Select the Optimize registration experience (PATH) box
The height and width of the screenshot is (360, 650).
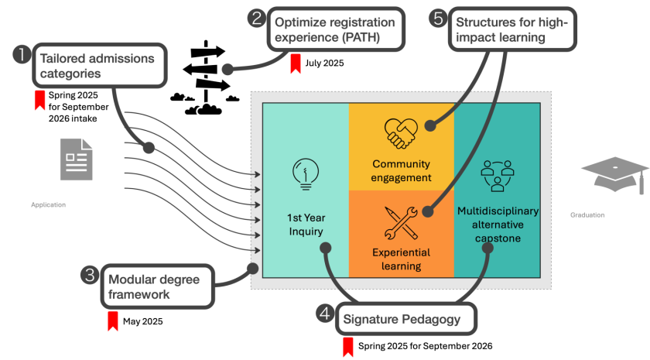[335, 30]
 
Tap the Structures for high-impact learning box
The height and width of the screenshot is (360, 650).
[511, 30]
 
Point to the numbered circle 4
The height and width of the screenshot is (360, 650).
[326, 314]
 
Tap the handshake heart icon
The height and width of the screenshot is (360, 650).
[401, 133]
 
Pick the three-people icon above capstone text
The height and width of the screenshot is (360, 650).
[498, 177]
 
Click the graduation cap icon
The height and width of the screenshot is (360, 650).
[615, 175]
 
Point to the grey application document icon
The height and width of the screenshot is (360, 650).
[77, 159]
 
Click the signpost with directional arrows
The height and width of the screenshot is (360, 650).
[207, 85]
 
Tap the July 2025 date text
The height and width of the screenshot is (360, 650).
[324, 63]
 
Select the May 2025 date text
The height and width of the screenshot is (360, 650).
[142, 321]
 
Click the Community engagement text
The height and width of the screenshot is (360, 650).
[401, 171]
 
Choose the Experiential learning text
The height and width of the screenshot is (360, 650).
[401, 259]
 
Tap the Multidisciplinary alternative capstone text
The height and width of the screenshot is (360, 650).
[498, 225]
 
